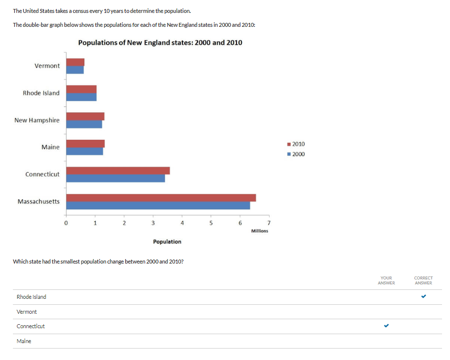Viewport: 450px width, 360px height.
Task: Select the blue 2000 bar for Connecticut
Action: point(115,179)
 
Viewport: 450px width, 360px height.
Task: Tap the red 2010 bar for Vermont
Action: point(75,62)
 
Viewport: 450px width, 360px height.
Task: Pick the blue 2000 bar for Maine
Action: point(84,152)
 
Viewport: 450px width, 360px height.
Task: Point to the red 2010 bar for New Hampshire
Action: point(85,116)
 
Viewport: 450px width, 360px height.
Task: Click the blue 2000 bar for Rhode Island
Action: point(81,97)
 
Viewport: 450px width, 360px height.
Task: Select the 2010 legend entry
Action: point(296,144)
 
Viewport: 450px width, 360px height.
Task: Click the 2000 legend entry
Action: point(296,154)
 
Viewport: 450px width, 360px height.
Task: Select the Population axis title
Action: point(167,242)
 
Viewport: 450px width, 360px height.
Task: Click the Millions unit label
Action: point(259,231)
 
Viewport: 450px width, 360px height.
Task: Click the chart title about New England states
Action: point(160,43)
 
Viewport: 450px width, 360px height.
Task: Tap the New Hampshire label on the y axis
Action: point(37,120)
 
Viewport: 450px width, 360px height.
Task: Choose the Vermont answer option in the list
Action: point(27,312)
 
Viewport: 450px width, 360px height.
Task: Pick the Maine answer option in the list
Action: point(24,341)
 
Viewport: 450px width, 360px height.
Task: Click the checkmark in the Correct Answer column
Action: point(423,297)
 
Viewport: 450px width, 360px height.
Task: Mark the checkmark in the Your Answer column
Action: point(386,326)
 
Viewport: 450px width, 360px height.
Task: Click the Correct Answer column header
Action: point(423,280)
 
